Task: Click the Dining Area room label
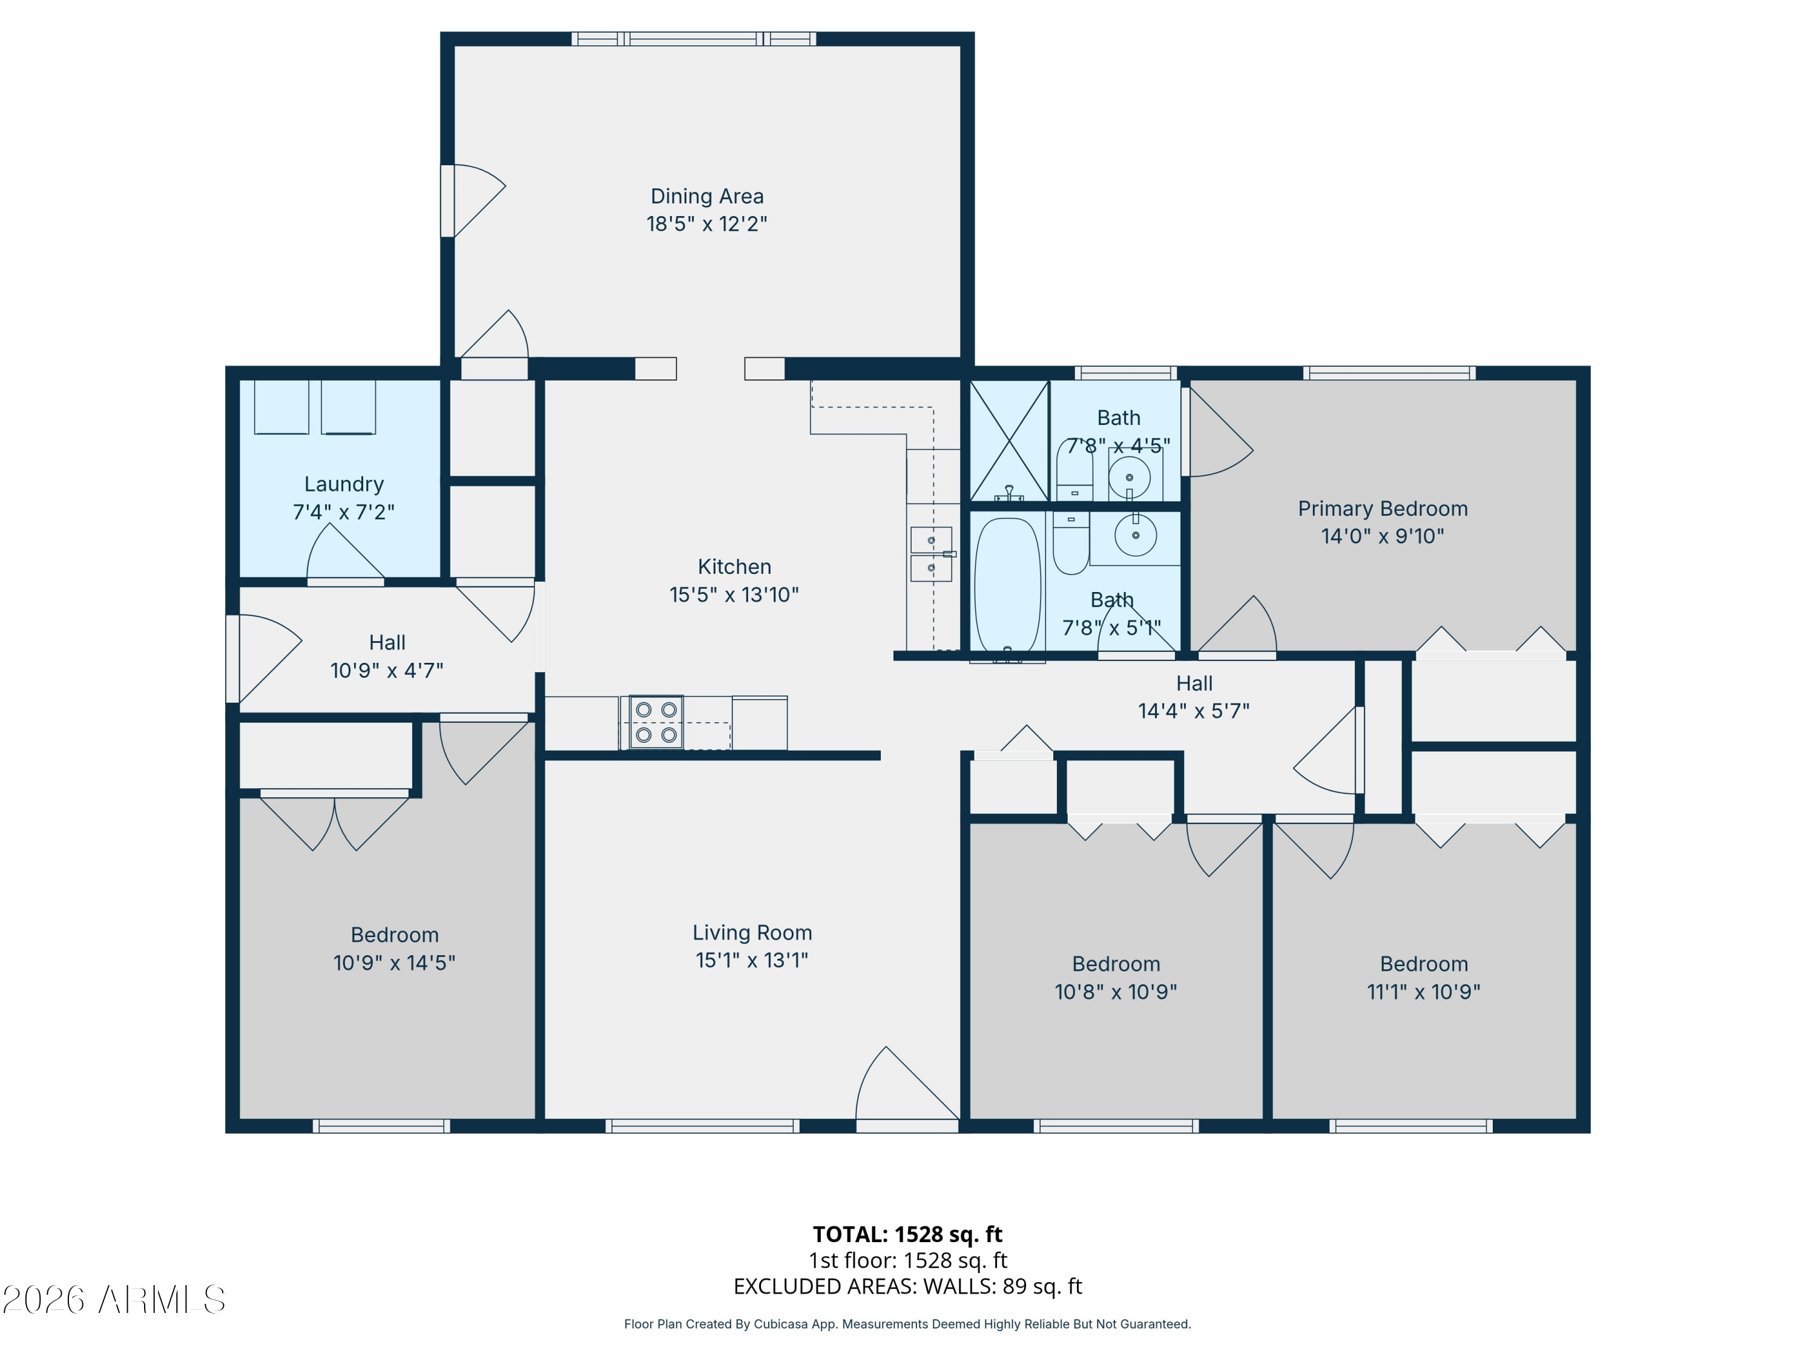(x=707, y=196)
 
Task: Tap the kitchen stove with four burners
(x=656, y=722)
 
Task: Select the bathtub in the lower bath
(x=1007, y=585)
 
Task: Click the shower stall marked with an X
(x=1009, y=441)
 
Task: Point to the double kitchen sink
(x=931, y=554)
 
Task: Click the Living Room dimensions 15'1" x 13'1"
(x=751, y=959)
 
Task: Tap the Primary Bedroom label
(x=1383, y=509)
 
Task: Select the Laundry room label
(x=344, y=484)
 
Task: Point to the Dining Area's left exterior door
(x=472, y=201)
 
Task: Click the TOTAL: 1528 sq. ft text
(x=907, y=1234)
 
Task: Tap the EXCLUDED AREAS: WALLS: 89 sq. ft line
(x=907, y=1286)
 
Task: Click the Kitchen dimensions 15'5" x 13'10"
(x=734, y=594)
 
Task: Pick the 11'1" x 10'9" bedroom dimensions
(x=1424, y=992)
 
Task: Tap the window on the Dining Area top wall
(x=694, y=39)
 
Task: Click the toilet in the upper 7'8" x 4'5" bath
(x=1074, y=472)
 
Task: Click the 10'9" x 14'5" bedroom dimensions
(x=394, y=962)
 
